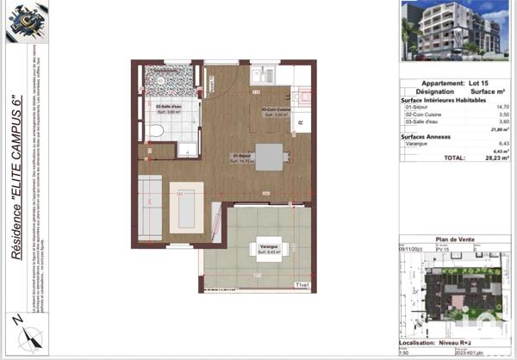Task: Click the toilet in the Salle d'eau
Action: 154,130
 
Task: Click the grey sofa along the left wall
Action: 150,207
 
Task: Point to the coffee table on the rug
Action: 187,207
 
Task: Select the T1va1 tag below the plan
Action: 302,284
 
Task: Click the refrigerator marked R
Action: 299,123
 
